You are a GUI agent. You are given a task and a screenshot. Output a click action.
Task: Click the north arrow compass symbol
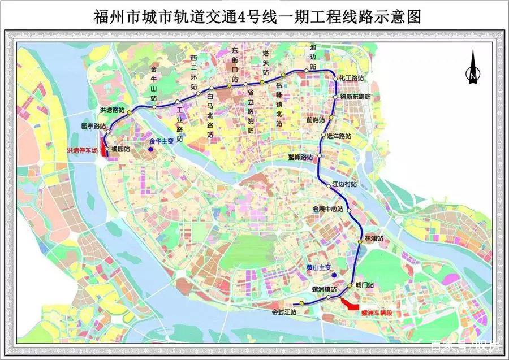coord(473,67)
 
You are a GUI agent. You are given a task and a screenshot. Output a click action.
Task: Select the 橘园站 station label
coord(120,149)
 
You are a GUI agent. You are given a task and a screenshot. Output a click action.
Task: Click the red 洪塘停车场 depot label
coord(83,151)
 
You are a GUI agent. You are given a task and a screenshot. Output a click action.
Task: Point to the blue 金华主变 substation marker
coord(151,150)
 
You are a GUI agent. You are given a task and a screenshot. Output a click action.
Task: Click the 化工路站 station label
coord(352,78)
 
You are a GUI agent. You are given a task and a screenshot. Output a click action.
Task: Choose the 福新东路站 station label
coord(355,97)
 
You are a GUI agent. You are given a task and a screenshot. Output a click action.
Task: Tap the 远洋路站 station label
coord(339,136)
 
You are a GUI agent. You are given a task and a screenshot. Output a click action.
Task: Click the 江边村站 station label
coord(344,184)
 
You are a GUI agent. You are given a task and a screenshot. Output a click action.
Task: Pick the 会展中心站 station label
coord(328,209)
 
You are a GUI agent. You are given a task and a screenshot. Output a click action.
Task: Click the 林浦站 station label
coord(374,238)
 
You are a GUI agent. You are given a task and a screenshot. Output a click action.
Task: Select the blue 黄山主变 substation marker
coord(335,276)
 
